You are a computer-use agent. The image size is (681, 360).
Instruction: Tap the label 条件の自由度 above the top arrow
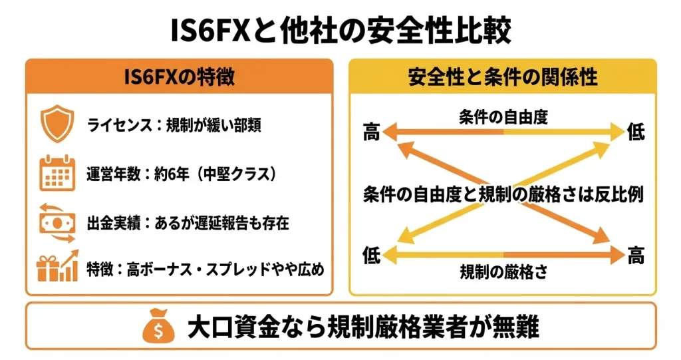pos(503,118)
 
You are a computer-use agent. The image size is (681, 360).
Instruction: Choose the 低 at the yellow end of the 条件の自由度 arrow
pos(636,133)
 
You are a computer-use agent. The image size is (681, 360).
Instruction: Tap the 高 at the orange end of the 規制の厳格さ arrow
pos(636,254)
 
